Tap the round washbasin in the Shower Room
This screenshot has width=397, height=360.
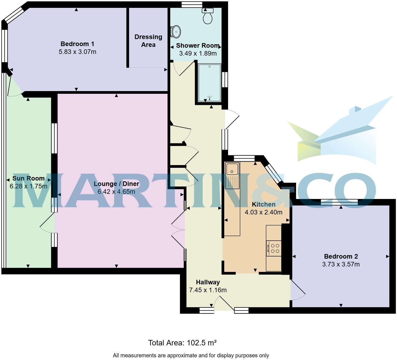click(176, 32)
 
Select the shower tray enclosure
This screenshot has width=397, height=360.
click(210, 83)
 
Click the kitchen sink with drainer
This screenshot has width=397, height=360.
click(232, 175)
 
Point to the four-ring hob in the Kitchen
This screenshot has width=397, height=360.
click(274, 248)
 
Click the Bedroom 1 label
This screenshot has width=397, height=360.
click(77, 44)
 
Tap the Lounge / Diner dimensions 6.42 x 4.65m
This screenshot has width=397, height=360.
click(116, 192)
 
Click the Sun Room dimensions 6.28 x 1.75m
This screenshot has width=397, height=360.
click(28, 186)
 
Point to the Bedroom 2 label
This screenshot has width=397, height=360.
click(341, 256)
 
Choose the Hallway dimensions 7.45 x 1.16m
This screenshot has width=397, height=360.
click(208, 290)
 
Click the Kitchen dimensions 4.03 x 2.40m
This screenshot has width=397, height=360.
click(263, 212)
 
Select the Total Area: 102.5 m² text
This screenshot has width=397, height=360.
click(182, 343)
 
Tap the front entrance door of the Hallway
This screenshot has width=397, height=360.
click(224, 303)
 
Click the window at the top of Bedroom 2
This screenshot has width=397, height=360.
click(339, 202)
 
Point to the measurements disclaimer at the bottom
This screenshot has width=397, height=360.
click(191, 355)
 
